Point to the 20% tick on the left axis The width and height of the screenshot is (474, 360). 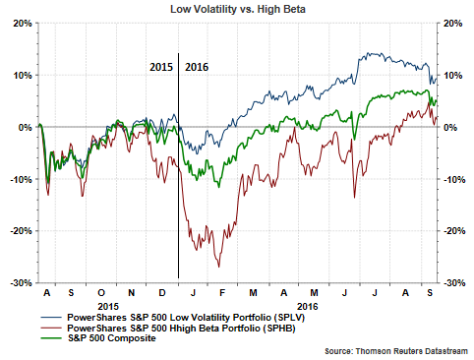coord(20,23)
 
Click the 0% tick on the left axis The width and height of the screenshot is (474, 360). coord(24,127)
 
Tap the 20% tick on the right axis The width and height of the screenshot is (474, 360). coord(455,23)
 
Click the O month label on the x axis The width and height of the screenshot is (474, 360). coord(101,293)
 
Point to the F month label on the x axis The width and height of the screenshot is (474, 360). coord(222,293)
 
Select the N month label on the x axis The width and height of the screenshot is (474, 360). coord(131,293)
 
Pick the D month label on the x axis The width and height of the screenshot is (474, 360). coord(162,293)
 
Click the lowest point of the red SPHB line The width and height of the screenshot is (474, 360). coord(218,267)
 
